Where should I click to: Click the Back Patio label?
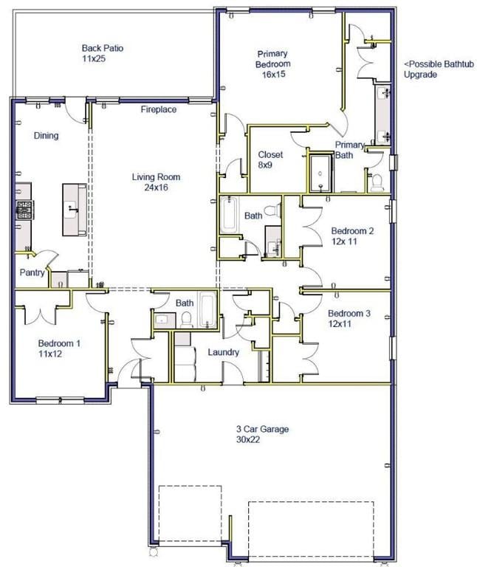103,48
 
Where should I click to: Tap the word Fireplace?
159,109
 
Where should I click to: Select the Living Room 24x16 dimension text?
156,188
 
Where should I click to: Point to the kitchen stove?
24,210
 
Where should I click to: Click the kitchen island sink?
71,210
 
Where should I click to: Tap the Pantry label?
32,272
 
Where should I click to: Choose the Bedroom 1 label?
59,343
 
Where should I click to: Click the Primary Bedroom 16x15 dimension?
274,74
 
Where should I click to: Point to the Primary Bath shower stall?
320,173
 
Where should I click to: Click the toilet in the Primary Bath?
377,182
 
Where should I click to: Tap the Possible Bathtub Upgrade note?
439,69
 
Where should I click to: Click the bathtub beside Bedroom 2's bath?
230,214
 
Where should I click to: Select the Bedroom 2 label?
352,230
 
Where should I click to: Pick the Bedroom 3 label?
349,313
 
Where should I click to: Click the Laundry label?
224,352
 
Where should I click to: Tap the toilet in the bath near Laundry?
186,320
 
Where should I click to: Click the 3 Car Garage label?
263,429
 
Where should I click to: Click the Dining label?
46,136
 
